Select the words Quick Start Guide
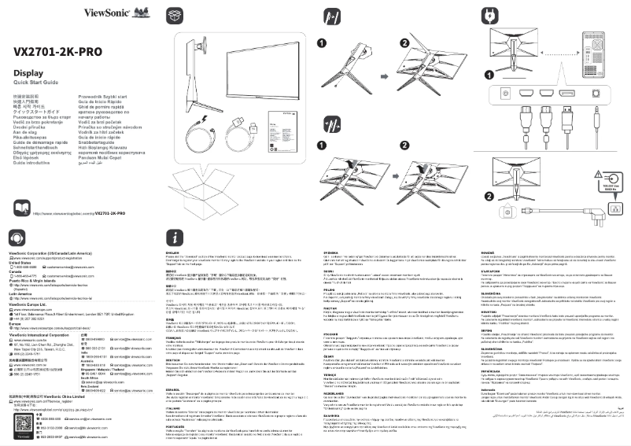[x=35, y=83]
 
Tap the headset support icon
[x=17, y=238]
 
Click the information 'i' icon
[x=173, y=238]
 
